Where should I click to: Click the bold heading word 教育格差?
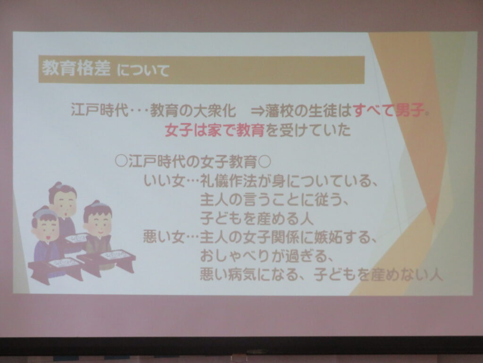76,68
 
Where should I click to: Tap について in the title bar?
143,70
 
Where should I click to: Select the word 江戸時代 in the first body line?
99,110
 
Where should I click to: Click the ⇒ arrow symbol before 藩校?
258,111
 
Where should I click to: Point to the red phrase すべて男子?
388,110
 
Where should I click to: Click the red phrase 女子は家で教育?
215,130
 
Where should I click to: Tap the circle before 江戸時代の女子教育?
121,162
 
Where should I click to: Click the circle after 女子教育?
264,162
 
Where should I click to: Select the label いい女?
164,181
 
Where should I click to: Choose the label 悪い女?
164,237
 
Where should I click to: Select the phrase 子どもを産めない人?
378,275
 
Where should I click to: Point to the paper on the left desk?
64,263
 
